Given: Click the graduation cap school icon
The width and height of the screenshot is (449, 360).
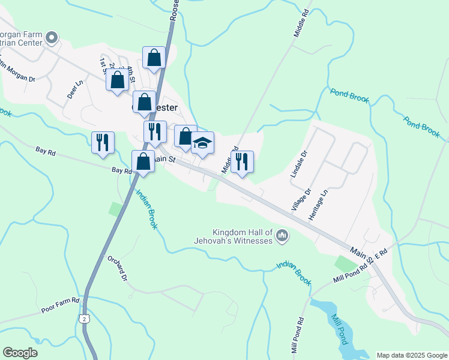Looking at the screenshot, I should coord(202,143).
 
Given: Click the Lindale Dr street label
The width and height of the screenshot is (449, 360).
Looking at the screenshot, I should coord(298,163).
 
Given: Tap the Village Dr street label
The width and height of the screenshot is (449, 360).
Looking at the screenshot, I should coord(302,200).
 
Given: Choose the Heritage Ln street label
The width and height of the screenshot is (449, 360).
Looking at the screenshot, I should coord(318,205).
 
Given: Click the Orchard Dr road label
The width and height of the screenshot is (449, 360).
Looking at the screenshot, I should coord(118,269).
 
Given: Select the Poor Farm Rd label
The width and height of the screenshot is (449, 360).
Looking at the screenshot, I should coord(61,305).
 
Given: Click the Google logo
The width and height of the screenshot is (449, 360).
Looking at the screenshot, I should coord(20,353).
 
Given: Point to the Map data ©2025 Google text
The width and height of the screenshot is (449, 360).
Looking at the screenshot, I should coord(412,355).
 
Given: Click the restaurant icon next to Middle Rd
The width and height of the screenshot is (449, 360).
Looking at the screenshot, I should coord(242,161).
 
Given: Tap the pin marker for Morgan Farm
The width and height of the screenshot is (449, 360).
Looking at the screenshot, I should coord(52,38).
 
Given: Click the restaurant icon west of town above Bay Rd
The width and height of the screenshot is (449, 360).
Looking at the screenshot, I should coord(102,142).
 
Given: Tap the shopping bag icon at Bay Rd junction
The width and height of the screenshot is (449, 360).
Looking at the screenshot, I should coord(143,161).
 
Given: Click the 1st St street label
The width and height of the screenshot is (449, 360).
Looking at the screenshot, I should coord(103,62).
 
